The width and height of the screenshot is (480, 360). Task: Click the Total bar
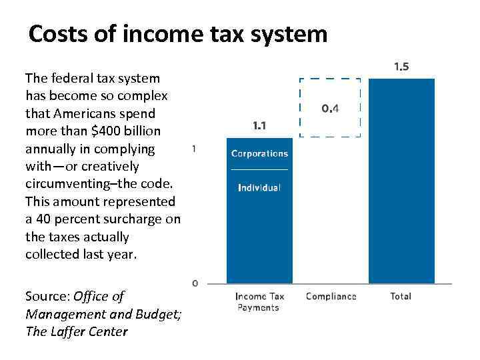click(401, 181)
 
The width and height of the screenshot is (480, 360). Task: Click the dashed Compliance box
click(330, 107)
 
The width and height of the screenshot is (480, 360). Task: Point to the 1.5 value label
click(401, 67)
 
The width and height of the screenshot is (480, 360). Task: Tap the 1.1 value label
click(259, 125)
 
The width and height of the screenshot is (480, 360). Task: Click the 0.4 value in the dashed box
click(330, 108)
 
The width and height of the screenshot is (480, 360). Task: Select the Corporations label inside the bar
click(259, 153)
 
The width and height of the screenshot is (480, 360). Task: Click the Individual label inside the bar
click(259, 188)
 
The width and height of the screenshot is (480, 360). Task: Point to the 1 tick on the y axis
click(194, 149)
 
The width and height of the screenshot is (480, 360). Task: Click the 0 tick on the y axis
click(195, 283)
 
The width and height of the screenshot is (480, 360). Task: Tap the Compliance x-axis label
click(331, 297)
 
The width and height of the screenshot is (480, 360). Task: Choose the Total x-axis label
click(401, 297)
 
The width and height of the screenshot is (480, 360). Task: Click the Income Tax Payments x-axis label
click(259, 301)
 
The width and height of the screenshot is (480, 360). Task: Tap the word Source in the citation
click(46, 297)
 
